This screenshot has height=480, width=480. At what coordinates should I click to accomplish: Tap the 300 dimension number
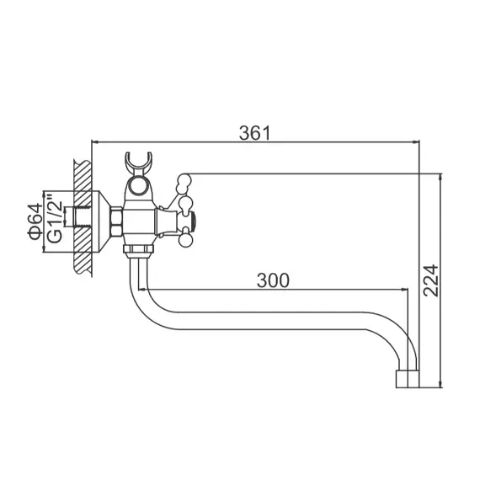(x=273, y=280)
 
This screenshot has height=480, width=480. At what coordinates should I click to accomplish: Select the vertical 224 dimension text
(x=429, y=280)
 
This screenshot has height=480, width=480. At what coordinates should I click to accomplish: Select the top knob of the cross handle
(x=183, y=179)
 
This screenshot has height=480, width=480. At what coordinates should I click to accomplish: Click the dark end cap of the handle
(x=193, y=222)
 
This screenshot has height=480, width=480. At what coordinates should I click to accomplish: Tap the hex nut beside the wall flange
(x=117, y=221)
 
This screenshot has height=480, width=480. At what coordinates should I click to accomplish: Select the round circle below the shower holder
(x=138, y=184)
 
